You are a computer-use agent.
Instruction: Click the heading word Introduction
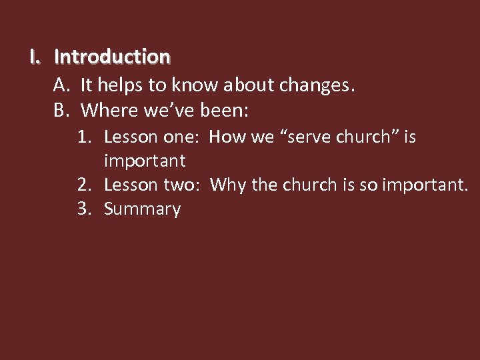pos(112,57)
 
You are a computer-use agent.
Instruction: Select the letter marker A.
pos(62,85)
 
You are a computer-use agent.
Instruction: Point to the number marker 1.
pos(84,137)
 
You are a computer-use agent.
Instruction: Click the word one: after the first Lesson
pos(180,137)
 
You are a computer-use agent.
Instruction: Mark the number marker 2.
pos(84,185)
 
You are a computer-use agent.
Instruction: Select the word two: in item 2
pos(180,185)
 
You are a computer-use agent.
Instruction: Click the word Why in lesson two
pos(227,185)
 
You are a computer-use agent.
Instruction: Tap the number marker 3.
pos(84,209)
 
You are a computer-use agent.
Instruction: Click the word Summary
pos(143,209)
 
